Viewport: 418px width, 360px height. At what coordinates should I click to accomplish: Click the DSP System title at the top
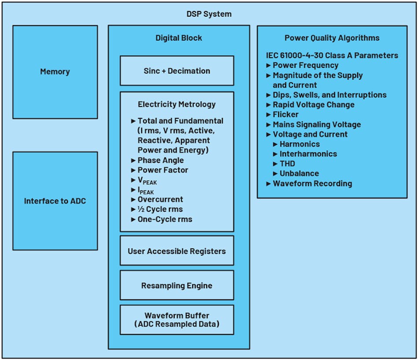click(209, 14)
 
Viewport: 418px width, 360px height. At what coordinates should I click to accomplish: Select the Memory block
click(55, 72)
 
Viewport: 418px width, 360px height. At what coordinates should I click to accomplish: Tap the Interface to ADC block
click(55, 201)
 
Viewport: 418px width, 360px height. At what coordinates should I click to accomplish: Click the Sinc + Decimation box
click(177, 71)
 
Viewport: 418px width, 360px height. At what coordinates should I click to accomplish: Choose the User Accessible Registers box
click(177, 251)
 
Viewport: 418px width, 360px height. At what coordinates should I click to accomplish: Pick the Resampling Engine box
click(177, 286)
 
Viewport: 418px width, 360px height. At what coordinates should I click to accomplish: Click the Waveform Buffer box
click(177, 320)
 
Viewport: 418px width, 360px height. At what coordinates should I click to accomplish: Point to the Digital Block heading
click(179, 38)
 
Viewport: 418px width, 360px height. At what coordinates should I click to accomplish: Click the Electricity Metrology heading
click(177, 104)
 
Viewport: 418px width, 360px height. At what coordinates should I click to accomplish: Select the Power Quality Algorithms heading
click(332, 38)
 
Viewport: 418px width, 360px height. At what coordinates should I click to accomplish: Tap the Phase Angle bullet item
click(161, 160)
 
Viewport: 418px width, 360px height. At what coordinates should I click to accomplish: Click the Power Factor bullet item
click(163, 170)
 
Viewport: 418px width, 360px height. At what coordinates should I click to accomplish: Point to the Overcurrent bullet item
click(160, 199)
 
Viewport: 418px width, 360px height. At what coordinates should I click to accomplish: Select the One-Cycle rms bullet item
click(165, 219)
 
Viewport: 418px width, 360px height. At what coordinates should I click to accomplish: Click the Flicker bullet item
click(286, 114)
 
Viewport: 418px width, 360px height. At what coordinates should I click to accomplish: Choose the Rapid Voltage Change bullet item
click(313, 105)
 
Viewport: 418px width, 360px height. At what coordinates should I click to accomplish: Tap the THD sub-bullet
click(287, 164)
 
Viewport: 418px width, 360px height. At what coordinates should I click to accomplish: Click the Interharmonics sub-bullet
click(308, 154)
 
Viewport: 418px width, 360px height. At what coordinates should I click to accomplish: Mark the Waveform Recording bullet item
click(312, 184)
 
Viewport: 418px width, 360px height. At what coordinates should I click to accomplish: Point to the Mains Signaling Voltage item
click(317, 125)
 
